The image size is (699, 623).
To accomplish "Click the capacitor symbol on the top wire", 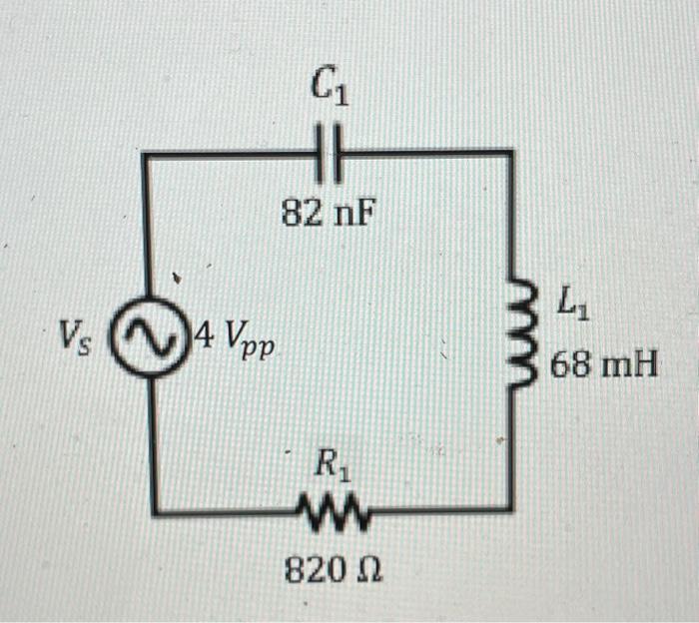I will click(332, 153).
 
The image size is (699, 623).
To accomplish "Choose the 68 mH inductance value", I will click(604, 364).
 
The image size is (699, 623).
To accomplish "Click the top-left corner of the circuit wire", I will click(145, 155).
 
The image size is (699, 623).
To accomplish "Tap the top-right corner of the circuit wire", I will click(512, 153).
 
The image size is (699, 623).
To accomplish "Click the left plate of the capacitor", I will click(324, 153).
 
